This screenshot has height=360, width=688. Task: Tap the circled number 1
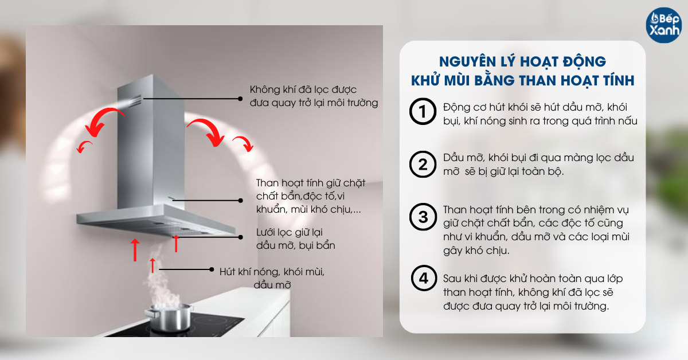[x=423, y=113]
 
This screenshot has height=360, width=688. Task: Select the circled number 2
[x=423, y=165]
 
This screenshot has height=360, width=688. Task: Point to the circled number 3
[x=423, y=217]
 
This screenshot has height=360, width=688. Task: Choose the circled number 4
[x=423, y=279]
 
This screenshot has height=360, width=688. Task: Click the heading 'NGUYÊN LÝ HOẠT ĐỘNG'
[x=522, y=61]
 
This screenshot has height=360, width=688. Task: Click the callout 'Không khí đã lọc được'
[x=304, y=91]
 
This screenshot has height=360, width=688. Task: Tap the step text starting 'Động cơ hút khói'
[x=541, y=114]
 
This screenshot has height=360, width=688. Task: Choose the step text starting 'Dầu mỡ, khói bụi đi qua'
[x=538, y=165]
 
